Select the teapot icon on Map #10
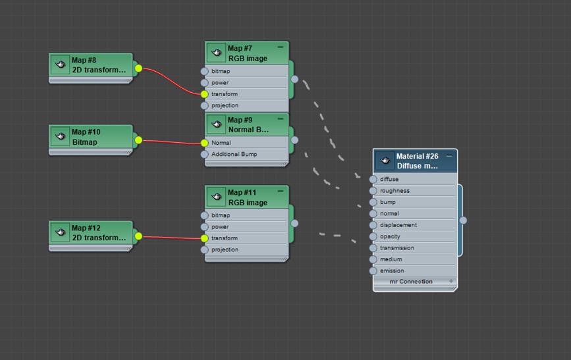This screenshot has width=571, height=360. (60, 136)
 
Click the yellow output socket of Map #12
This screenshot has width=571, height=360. (138, 236)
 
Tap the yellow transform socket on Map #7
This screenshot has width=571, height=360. (204, 94)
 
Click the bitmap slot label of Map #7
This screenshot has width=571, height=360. (221, 71)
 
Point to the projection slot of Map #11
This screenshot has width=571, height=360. (225, 249)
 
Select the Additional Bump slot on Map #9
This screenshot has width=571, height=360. (234, 154)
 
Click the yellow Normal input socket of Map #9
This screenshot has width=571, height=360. (204, 143)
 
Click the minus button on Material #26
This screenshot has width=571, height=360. (449, 156)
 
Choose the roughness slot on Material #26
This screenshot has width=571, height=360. (394, 191)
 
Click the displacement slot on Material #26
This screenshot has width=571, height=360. (398, 225)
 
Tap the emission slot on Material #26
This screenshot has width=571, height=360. (392, 270)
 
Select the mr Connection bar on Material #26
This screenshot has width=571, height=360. (411, 282)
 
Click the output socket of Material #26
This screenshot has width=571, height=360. (463, 220)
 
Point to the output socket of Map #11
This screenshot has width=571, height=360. (294, 223)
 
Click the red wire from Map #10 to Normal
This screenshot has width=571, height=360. (171, 141)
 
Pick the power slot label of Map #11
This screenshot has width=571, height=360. (220, 226)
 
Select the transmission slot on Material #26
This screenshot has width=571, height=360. (396, 247)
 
